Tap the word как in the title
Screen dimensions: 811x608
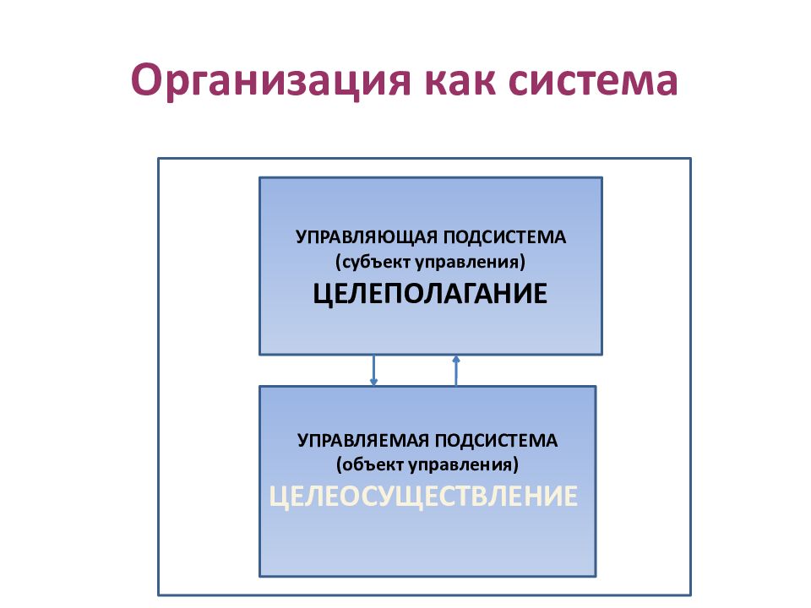tap(460, 80)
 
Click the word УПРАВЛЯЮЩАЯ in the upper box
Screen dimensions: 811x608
tap(367, 237)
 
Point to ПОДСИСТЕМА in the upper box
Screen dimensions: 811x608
tap(505, 237)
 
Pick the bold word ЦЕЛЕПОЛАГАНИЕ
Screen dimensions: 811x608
tap(430, 294)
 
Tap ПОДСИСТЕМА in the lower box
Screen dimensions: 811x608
tap(496, 441)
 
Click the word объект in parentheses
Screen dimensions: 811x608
tap(371, 464)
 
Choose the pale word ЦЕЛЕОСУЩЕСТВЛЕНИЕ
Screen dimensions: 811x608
tap(423, 497)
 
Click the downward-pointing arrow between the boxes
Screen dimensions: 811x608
tap(373, 370)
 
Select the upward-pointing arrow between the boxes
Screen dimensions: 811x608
tap(455, 370)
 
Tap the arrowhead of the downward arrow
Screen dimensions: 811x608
tap(373, 383)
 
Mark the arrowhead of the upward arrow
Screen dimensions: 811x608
tap(455, 358)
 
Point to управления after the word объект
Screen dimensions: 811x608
tap(464, 464)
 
